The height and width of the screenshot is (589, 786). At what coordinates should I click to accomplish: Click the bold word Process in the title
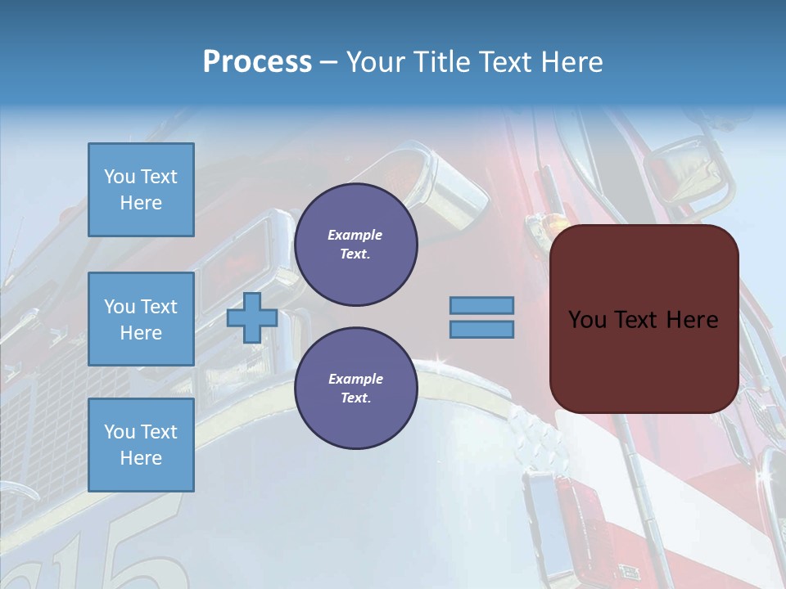tap(257, 62)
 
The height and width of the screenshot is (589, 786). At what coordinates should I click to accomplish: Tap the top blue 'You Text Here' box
tap(141, 190)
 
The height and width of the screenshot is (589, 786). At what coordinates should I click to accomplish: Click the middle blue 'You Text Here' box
tap(141, 319)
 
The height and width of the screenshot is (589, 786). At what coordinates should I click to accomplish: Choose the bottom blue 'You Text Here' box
tap(141, 445)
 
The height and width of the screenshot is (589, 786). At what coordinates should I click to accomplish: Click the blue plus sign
tap(252, 317)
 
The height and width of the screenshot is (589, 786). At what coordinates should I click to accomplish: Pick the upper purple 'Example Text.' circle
tap(355, 245)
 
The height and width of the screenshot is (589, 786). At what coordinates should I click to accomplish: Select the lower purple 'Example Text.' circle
tap(355, 389)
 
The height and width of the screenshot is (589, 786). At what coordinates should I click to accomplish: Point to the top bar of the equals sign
tap(482, 305)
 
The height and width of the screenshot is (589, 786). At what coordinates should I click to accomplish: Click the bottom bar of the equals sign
tap(482, 329)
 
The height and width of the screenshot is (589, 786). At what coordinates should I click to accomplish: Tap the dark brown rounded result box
tap(644, 360)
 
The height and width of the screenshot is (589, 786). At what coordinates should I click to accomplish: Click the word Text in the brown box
tap(635, 320)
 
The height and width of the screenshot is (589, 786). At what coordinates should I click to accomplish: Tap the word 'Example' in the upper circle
tap(355, 236)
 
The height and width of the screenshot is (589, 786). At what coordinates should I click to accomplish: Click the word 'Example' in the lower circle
tap(355, 380)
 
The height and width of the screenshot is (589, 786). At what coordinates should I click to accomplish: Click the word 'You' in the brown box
tap(586, 320)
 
